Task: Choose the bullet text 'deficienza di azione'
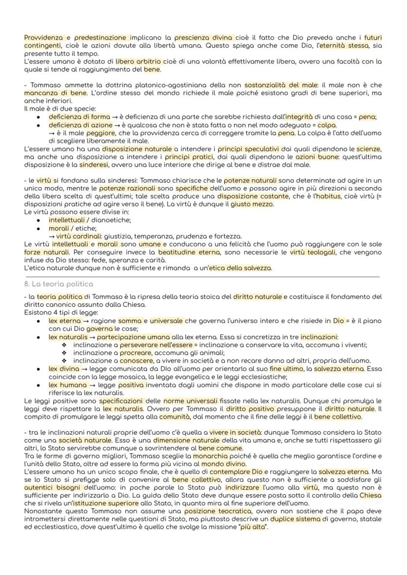[77, 125]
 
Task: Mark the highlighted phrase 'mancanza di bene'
[47, 93]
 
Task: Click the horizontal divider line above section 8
[202, 276]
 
